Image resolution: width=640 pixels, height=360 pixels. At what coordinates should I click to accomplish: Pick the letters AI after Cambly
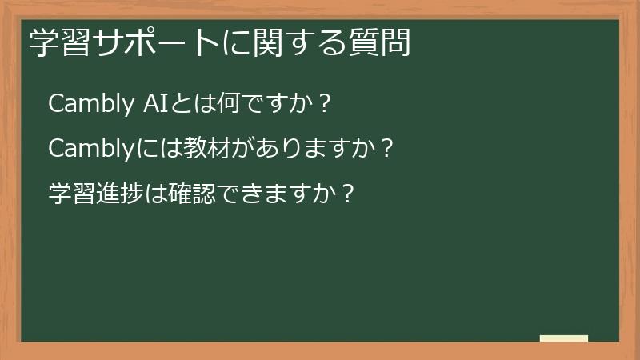click(152, 104)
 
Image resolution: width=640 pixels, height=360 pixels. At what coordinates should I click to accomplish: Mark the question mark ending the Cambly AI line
click(324, 104)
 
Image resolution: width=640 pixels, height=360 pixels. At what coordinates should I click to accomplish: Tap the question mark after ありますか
click(387, 149)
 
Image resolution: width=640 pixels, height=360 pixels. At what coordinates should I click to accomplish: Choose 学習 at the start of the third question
click(70, 194)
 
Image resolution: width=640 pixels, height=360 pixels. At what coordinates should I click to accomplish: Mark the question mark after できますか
click(347, 194)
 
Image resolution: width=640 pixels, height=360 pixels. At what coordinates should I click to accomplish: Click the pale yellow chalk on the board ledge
click(563, 338)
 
